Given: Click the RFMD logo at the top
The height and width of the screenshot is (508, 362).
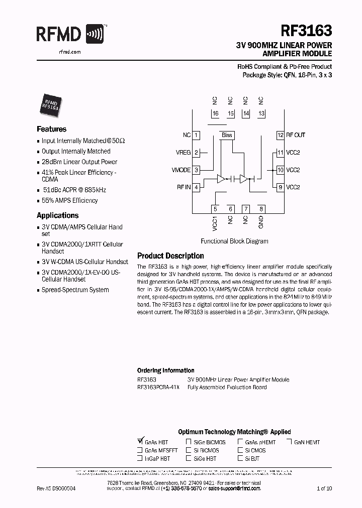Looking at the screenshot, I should point(70,35).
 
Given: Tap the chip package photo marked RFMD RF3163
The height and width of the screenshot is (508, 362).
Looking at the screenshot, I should point(50,102).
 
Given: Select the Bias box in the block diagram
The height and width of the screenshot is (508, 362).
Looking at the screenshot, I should point(227,135).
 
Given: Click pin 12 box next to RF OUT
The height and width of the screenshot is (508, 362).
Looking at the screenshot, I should point(281,135).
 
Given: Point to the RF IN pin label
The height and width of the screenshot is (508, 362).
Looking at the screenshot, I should point(184,187).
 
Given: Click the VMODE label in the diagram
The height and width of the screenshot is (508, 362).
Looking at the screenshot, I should point(182,170).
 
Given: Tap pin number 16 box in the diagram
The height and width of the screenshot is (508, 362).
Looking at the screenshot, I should point(215,114).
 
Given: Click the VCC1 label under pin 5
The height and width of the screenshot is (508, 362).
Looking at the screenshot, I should point(215,222).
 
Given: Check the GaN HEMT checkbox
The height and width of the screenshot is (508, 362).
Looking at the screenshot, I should point(290,442).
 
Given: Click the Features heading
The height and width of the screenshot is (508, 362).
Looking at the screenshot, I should point(52,129).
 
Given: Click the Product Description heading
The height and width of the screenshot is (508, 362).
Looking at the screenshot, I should point(170,256).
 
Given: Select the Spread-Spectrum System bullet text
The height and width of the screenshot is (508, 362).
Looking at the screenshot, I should point(75,290).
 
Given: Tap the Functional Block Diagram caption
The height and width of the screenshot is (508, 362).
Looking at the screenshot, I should point(234,241).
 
